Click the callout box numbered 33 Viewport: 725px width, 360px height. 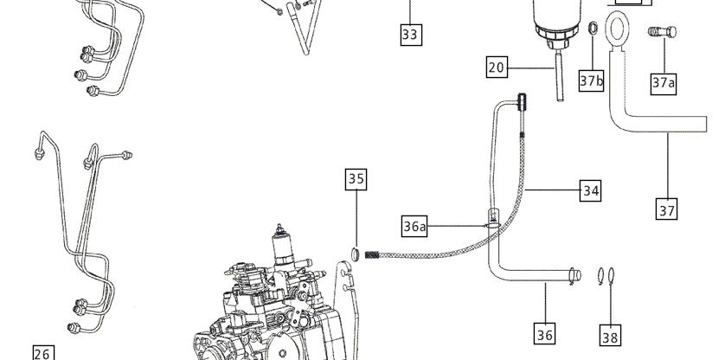[x=411, y=35]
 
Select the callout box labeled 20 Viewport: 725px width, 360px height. [x=497, y=67]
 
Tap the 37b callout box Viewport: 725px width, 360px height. [x=592, y=81]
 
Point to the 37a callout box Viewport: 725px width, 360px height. [x=664, y=83]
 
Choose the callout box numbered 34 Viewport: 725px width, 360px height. [x=590, y=190]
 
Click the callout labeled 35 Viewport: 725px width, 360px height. [x=356, y=178]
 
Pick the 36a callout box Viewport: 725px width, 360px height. [x=414, y=226]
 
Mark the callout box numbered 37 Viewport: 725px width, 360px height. [x=667, y=209]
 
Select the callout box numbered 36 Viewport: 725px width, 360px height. [x=545, y=334]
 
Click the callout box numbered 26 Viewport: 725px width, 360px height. [x=43, y=354]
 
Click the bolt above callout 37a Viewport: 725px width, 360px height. [x=662, y=32]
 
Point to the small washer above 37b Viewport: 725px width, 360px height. [x=593, y=29]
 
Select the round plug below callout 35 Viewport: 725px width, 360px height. [x=355, y=254]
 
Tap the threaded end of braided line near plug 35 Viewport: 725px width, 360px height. [x=372, y=254]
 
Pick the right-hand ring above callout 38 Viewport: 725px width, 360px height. [x=612, y=276]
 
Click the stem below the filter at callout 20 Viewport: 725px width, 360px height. [x=560, y=76]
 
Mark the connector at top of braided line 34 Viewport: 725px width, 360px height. [x=522, y=102]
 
